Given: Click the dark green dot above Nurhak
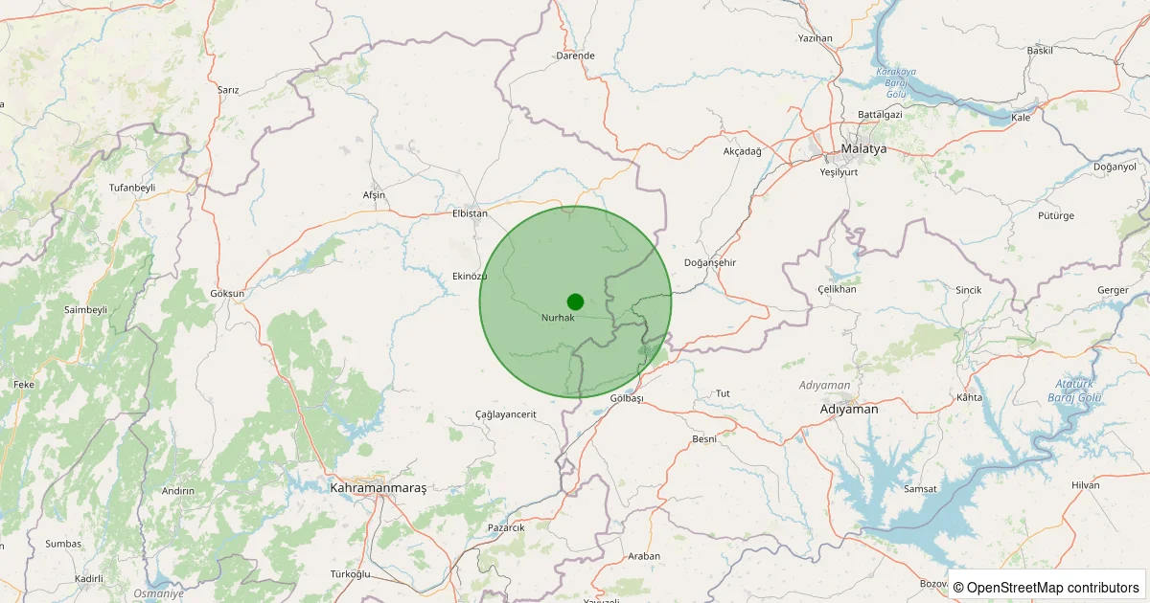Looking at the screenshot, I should [x=575, y=301].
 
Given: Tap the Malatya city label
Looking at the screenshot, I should [x=862, y=149].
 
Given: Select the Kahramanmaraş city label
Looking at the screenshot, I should [x=378, y=487].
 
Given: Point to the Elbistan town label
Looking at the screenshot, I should [x=470, y=213].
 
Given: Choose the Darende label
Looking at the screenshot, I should [x=575, y=56].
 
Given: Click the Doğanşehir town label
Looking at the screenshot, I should [x=710, y=262].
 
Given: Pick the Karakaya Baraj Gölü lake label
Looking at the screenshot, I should [x=896, y=83].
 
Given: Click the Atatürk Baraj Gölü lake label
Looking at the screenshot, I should [x=1075, y=390].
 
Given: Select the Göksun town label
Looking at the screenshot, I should [x=227, y=293].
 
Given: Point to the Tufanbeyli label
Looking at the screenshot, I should [x=132, y=188].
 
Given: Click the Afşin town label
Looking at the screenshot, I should [x=374, y=195].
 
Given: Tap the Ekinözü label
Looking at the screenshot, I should [x=470, y=276].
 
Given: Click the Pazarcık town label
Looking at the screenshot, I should [x=506, y=527].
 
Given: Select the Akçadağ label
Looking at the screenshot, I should [x=742, y=151].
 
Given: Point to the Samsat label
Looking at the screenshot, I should [x=920, y=489].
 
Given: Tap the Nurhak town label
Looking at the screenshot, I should [x=558, y=318].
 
